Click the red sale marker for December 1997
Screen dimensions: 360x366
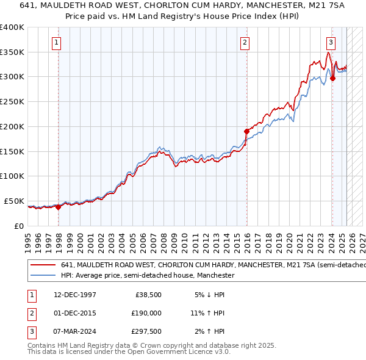coord(59,207)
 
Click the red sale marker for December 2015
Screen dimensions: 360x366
coord(247,131)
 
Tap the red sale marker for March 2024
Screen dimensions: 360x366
coord(332,78)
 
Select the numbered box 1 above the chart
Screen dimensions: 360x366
coord(56,43)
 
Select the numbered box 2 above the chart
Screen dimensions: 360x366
coord(244,43)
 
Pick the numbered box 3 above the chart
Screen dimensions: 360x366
coord(330,43)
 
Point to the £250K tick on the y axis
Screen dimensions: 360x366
coord(12,102)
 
